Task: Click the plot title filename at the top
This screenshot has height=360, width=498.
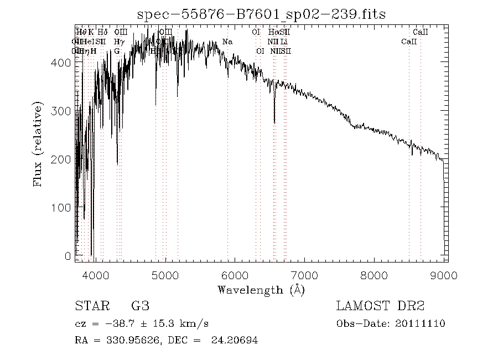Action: tap(261, 14)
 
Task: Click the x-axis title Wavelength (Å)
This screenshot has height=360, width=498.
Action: tap(261, 289)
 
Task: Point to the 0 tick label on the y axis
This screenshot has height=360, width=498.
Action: tap(67, 256)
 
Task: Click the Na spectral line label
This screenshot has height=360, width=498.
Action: tap(227, 42)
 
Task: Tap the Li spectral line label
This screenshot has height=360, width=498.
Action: tap(284, 42)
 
